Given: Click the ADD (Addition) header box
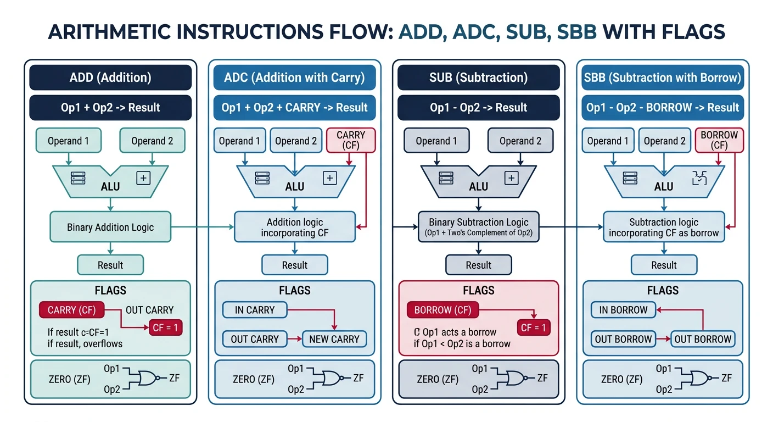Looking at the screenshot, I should pos(110,77).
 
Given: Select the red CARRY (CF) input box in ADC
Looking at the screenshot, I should pos(350,140).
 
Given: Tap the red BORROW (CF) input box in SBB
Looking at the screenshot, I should pos(719,140).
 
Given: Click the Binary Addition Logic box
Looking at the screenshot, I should pos(110,227).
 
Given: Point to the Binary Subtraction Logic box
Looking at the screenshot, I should pos(478,227).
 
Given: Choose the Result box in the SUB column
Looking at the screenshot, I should pos(478,265).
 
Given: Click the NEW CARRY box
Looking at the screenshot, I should pos(334,339).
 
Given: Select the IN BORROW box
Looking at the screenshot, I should pos(623,310).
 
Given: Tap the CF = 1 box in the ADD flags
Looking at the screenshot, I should pos(165,329).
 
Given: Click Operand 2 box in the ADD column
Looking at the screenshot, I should pos(152,141).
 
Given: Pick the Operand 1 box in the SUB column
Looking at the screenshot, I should pos(436,141).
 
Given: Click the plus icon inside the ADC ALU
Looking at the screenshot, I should pos(329,177).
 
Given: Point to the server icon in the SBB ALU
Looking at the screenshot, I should pos(630,177).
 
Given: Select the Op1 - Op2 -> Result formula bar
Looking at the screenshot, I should pos(478,108).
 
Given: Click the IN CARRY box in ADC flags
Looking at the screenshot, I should pos(255,310).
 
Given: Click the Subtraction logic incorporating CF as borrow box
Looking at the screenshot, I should pos(663,227).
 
